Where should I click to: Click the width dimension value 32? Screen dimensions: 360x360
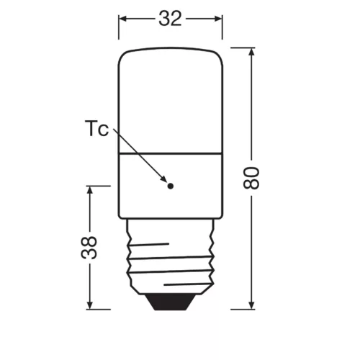(x=170, y=19)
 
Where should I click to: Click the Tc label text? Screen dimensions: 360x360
(x=96, y=130)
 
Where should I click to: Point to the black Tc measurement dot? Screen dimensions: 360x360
(x=171, y=186)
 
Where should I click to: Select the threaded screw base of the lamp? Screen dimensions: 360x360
(x=171, y=259)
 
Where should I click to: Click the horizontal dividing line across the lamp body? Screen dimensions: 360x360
(x=171, y=153)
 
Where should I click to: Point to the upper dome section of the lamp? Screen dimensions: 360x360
(x=171, y=101)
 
